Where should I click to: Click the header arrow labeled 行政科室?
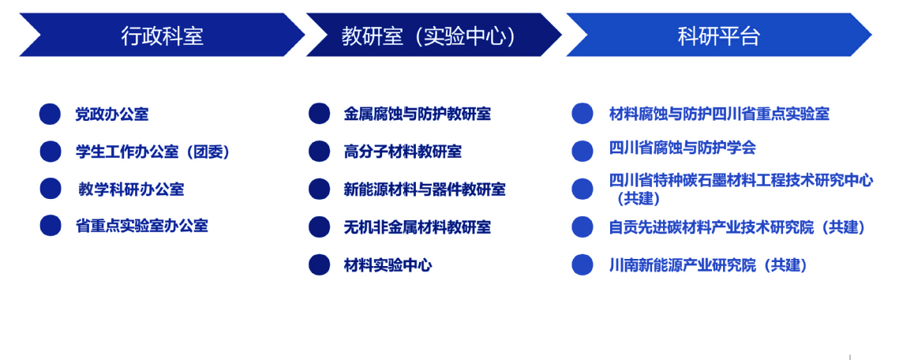click(162, 35)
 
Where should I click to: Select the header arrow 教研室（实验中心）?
click(433, 35)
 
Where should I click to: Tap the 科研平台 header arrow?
click(718, 35)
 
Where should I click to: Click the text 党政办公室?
click(112, 114)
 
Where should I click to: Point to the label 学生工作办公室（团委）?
click(153, 152)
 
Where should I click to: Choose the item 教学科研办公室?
click(131, 189)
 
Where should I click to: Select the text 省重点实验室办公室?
click(141, 225)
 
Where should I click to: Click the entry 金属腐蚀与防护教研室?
click(417, 114)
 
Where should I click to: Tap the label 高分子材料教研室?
click(403, 152)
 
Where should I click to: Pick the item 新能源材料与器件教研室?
click(425, 189)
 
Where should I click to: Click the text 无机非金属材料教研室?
click(417, 227)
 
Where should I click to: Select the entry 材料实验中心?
click(388, 264)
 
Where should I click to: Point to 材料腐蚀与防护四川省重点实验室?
click(719, 114)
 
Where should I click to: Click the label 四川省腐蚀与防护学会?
click(682, 148)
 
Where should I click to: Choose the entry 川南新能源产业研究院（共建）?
click(709, 264)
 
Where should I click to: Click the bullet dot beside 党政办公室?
click(50, 114)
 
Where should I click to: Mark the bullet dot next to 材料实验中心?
click(320, 264)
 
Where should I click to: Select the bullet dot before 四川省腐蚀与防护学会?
click(582, 151)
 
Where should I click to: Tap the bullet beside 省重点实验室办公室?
click(51, 225)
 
